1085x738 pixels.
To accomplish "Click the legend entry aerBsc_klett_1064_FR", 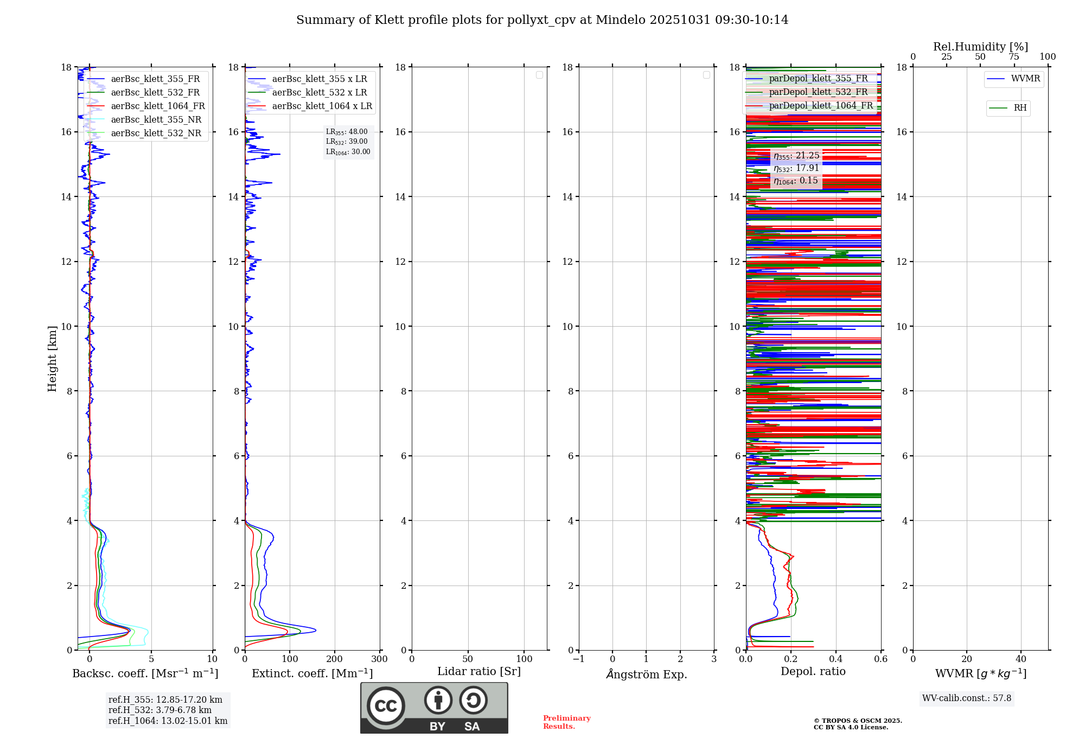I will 157,106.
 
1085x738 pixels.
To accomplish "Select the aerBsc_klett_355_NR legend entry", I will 156,120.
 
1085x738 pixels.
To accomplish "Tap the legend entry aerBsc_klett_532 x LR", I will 319,93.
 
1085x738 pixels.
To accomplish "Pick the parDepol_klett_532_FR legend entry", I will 818,92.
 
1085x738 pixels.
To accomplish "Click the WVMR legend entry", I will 1025,79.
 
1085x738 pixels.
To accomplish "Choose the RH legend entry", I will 1019,108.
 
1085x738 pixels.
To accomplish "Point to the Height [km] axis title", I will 52,359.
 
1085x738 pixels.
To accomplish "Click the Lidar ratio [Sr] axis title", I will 479,672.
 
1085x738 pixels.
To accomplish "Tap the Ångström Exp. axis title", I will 646,675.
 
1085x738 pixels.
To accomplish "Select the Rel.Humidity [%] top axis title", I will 980,47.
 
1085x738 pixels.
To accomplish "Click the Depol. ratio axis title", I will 813,672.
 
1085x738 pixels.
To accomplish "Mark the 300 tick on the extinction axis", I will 380,659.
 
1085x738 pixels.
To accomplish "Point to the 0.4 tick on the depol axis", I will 836,659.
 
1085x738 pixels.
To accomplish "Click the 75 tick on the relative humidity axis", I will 1014,57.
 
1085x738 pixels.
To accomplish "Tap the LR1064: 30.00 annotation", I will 348,152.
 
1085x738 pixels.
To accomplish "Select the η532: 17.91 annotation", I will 796,168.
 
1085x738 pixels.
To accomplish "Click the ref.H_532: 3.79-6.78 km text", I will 159,710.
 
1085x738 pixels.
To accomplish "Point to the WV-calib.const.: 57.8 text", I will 967,698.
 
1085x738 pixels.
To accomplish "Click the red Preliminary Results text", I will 566,722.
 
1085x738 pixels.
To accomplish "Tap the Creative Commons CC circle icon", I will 386,706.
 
